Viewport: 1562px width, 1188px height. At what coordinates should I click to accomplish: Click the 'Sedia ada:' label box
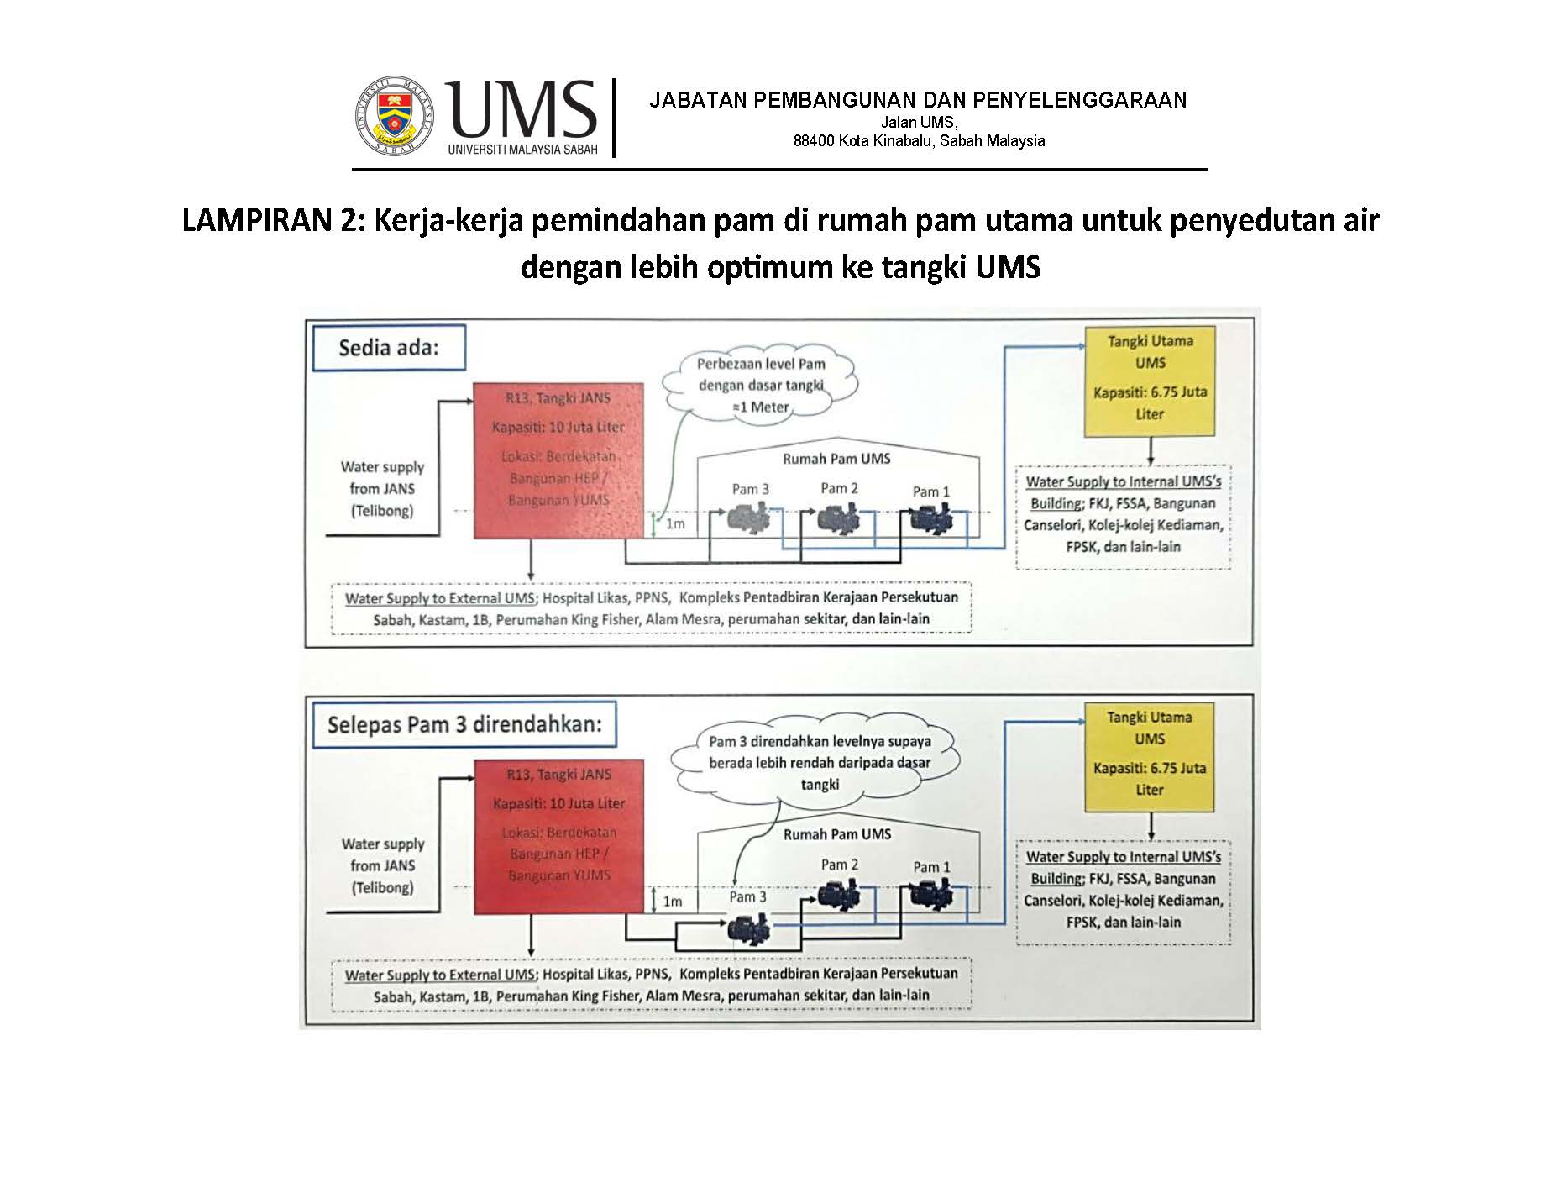pos(389,348)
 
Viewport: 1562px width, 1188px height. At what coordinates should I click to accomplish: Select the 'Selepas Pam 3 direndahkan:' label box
pos(464,724)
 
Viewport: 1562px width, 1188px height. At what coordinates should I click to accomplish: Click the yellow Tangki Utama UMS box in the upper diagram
pos(1150,381)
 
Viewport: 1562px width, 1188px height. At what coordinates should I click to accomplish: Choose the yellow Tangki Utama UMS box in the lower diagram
pos(1150,758)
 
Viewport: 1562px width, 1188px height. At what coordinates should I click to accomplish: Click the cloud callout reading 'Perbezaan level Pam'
pos(761,386)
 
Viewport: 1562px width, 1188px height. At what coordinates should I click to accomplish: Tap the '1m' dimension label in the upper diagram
pos(675,524)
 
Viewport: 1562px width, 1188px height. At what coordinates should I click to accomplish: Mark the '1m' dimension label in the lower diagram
pos(673,902)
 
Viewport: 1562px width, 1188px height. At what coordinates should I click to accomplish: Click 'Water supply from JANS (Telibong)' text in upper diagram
pos(382,489)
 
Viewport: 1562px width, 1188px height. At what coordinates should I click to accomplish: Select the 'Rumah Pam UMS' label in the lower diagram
pos(836,834)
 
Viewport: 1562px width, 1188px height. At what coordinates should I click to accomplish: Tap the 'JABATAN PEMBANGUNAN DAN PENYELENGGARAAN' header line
pos(918,101)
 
